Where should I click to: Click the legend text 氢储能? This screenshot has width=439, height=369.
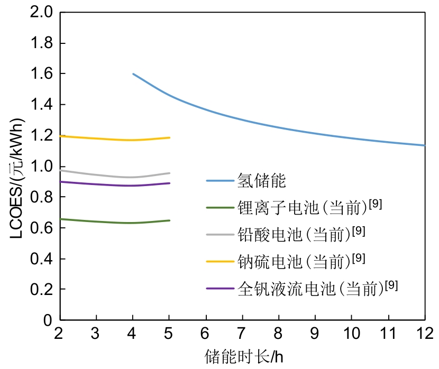(x=262, y=181)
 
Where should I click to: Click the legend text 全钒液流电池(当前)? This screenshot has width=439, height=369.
(x=310, y=289)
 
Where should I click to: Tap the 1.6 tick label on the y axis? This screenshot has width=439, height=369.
(x=42, y=74)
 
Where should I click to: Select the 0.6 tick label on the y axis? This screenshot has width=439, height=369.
(x=42, y=228)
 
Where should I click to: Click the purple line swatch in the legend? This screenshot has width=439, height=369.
(x=219, y=288)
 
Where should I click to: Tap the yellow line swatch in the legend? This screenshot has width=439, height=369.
(x=219, y=261)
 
